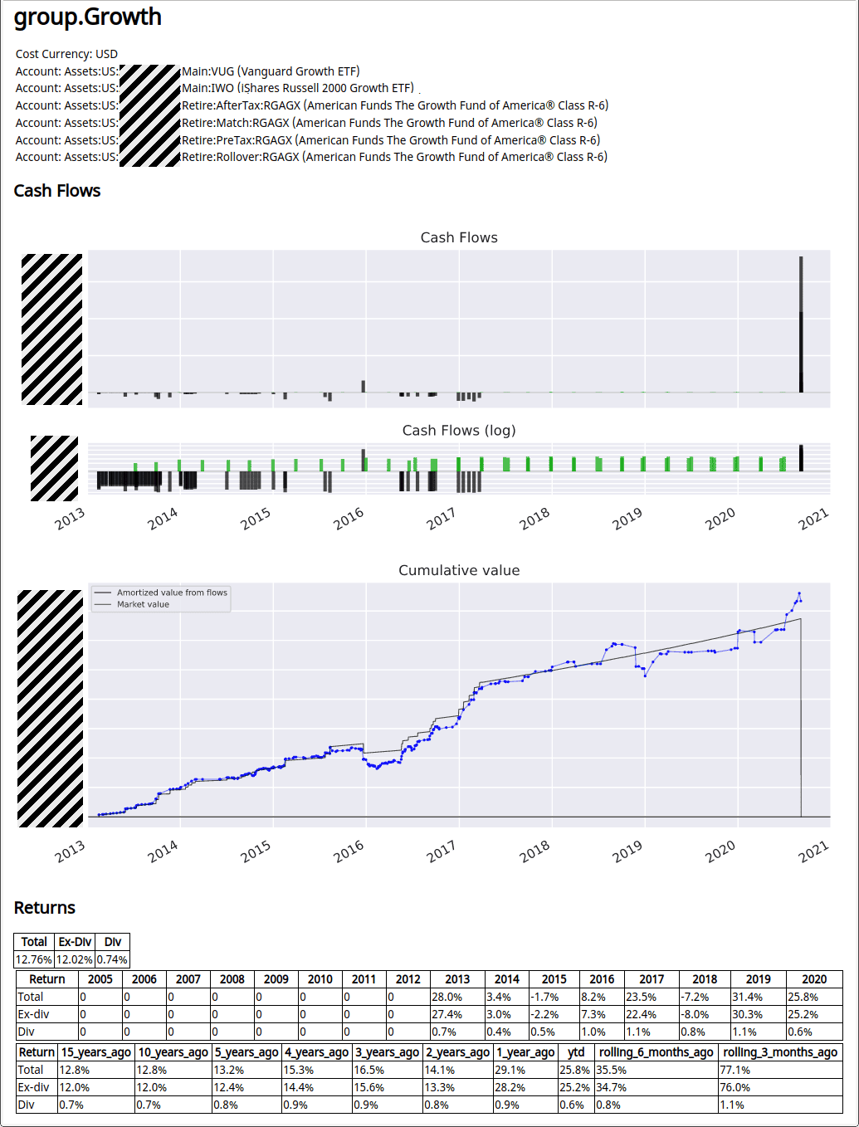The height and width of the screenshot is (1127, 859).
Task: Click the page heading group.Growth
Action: tap(88, 17)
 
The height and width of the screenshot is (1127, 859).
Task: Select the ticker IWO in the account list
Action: tap(222, 88)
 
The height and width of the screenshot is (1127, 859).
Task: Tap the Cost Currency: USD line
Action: tap(66, 54)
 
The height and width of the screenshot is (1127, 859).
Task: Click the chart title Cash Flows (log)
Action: tap(459, 430)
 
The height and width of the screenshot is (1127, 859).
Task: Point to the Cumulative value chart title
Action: tap(459, 570)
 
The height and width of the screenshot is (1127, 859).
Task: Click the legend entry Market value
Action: tap(143, 604)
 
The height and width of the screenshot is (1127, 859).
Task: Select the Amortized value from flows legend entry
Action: tap(172, 593)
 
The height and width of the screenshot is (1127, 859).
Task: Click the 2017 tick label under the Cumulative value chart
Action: tap(441, 850)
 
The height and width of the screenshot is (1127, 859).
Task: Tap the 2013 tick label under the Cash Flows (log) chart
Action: tap(70, 519)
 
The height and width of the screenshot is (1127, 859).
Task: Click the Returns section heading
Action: tap(45, 908)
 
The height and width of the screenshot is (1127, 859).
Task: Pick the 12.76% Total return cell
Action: tap(34, 959)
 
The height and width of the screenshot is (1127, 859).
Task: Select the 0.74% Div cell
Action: tap(112, 959)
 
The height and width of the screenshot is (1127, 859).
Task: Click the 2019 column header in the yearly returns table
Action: tap(758, 979)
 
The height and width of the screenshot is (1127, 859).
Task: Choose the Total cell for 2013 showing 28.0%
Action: tap(447, 997)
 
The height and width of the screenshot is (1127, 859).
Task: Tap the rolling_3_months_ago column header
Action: tap(779, 1052)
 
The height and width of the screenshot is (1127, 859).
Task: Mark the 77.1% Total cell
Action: tap(735, 1070)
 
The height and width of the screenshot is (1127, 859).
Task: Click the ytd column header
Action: tap(576, 1052)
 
